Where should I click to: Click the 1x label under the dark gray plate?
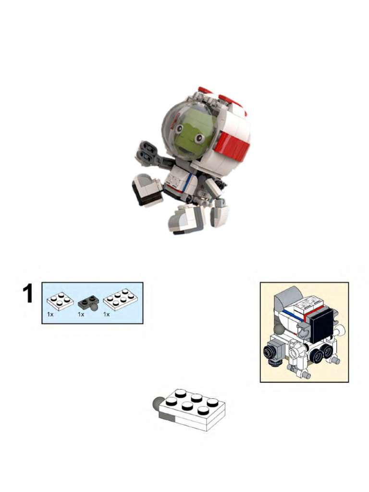pyautogui.click(x=81, y=314)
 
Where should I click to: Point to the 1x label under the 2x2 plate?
pyautogui.click(x=50, y=314)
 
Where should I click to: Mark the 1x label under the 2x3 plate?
pyautogui.click(x=107, y=314)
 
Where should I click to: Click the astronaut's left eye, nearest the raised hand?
pyautogui.click(x=179, y=128)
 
